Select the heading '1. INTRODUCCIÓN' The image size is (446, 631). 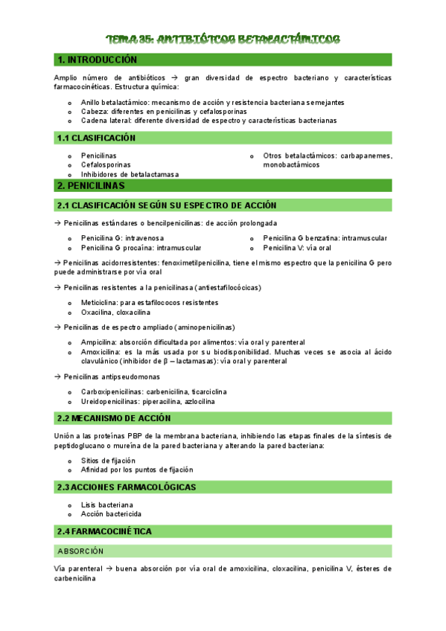[x=97, y=60]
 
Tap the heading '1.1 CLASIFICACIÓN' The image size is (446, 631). [x=96, y=138]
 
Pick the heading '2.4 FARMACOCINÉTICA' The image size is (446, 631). [x=104, y=531]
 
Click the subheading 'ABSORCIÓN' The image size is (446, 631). [x=80, y=551]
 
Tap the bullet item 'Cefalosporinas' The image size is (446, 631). [x=106, y=164]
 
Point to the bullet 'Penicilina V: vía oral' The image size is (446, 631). [x=297, y=248]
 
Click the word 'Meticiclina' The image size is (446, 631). [x=99, y=303]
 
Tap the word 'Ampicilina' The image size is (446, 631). [x=99, y=342]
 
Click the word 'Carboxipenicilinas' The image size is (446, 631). [x=112, y=391]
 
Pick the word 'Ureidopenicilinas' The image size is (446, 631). [x=110, y=401]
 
